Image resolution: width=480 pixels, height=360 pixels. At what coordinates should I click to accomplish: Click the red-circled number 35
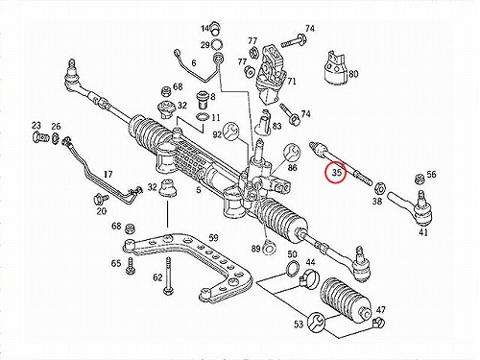click(x=337, y=173)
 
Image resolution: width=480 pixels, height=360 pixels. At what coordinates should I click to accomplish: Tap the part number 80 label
click(x=353, y=74)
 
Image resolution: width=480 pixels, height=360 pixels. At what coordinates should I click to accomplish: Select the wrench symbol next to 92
click(x=230, y=131)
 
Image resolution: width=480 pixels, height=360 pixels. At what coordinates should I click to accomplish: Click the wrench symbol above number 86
click(x=292, y=152)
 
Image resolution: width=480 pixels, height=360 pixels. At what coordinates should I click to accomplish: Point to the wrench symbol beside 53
click(x=316, y=322)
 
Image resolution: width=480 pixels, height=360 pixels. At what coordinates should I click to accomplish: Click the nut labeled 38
click(x=380, y=187)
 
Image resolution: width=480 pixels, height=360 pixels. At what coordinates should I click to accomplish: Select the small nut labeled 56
click(x=420, y=180)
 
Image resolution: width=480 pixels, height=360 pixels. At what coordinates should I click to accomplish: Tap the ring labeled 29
click(x=217, y=44)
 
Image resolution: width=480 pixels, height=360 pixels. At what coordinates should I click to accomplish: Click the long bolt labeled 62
click(x=168, y=275)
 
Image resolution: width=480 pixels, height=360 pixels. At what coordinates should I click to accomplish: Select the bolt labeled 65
click(x=130, y=266)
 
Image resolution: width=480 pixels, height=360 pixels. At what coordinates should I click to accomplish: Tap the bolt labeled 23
click(x=40, y=137)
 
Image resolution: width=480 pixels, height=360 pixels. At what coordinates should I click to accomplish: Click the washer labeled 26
click(x=55, y=138)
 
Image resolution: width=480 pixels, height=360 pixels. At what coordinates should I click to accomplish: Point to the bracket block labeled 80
click(x=335, y=70)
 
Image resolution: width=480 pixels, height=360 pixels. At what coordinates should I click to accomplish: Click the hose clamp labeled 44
click(x=309, y=278)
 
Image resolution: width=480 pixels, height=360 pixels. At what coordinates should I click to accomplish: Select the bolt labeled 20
click(x=100, y=200)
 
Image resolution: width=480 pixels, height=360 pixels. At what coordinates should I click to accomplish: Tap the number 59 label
click(x=213, y=238)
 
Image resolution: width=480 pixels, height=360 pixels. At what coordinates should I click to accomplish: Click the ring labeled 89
click(x=268, y=248)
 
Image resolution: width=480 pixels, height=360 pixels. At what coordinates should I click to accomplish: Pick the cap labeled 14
click(x=216, y=28)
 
